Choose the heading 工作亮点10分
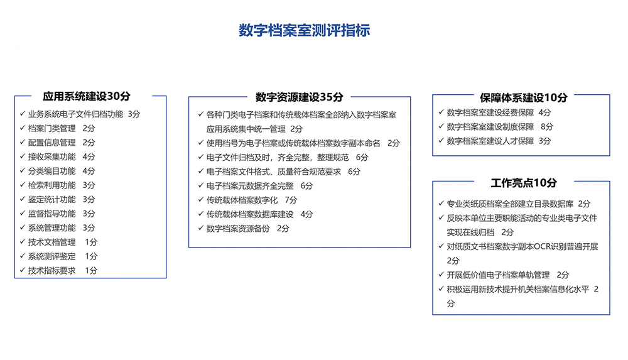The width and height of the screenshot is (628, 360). (x=523, y=183)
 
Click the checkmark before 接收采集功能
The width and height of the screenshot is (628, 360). (x=21, y=157)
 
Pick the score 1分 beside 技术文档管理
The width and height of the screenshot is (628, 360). (x=91, y=242)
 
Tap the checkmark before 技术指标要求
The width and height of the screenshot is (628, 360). (x=21, y=271)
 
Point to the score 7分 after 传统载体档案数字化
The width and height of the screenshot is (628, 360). (x=291, y=200)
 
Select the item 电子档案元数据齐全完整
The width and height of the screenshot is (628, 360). (x=250, y=186)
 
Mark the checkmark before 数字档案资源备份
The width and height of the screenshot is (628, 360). (x=200, y=229)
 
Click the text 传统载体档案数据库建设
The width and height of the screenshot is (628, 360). (x=250, y=214)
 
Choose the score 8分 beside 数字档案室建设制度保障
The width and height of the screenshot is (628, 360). (x=547, y=127)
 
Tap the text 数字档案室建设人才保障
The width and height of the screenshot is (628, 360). (x=490, y=141)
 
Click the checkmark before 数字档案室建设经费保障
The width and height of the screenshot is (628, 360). (x=440, y=113)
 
